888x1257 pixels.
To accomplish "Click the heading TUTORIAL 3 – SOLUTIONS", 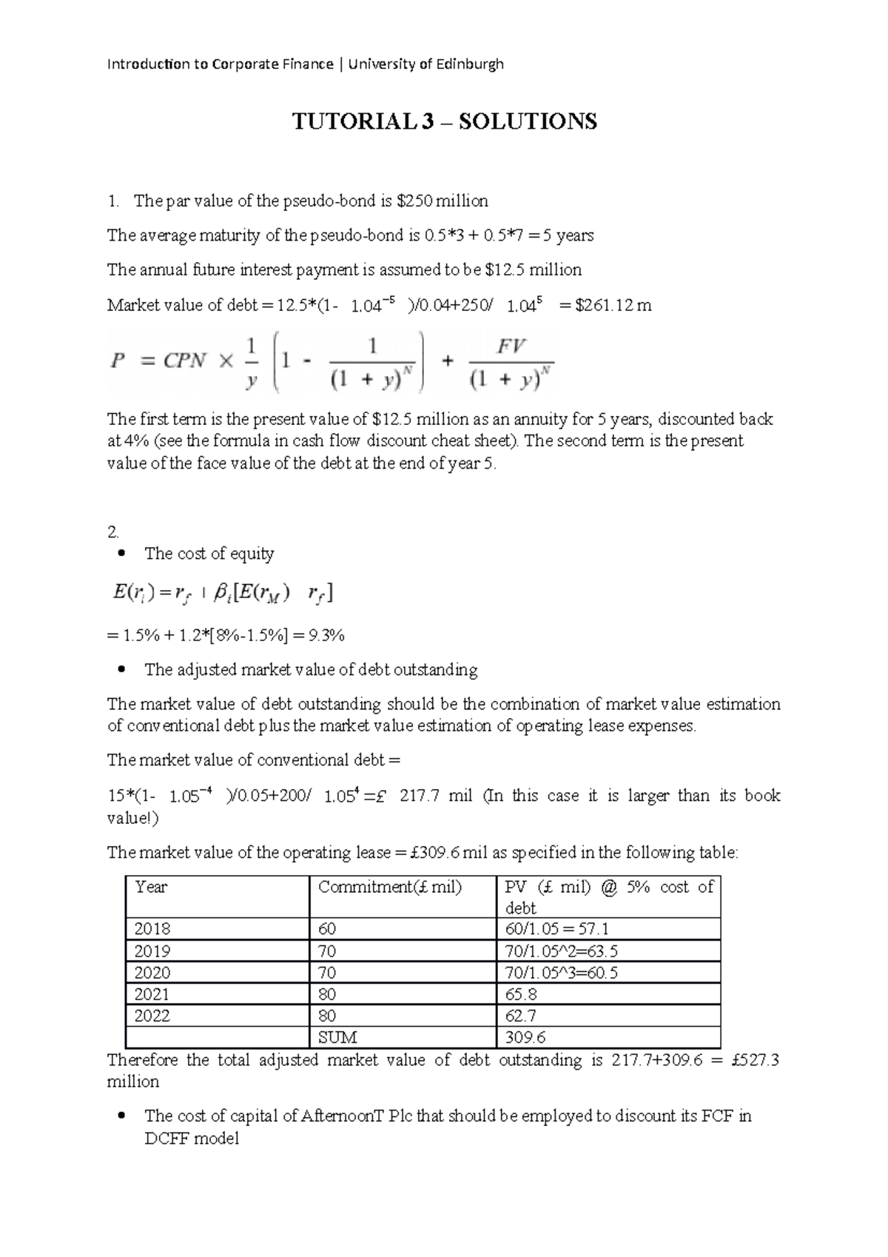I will (444, 121).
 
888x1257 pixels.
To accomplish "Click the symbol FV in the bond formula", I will (511, 346).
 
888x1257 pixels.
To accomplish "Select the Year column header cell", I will (152, 887).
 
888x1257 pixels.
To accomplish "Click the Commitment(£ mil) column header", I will (389, 887).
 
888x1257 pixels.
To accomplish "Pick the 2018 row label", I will (152, 929).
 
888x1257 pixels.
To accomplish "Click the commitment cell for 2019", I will (326, 951).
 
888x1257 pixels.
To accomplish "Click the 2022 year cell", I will (152, 1016).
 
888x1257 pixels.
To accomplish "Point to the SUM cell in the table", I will (337, 1037).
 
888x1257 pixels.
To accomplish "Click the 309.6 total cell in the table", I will (525, 1037).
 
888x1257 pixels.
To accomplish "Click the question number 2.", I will (112, 532).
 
